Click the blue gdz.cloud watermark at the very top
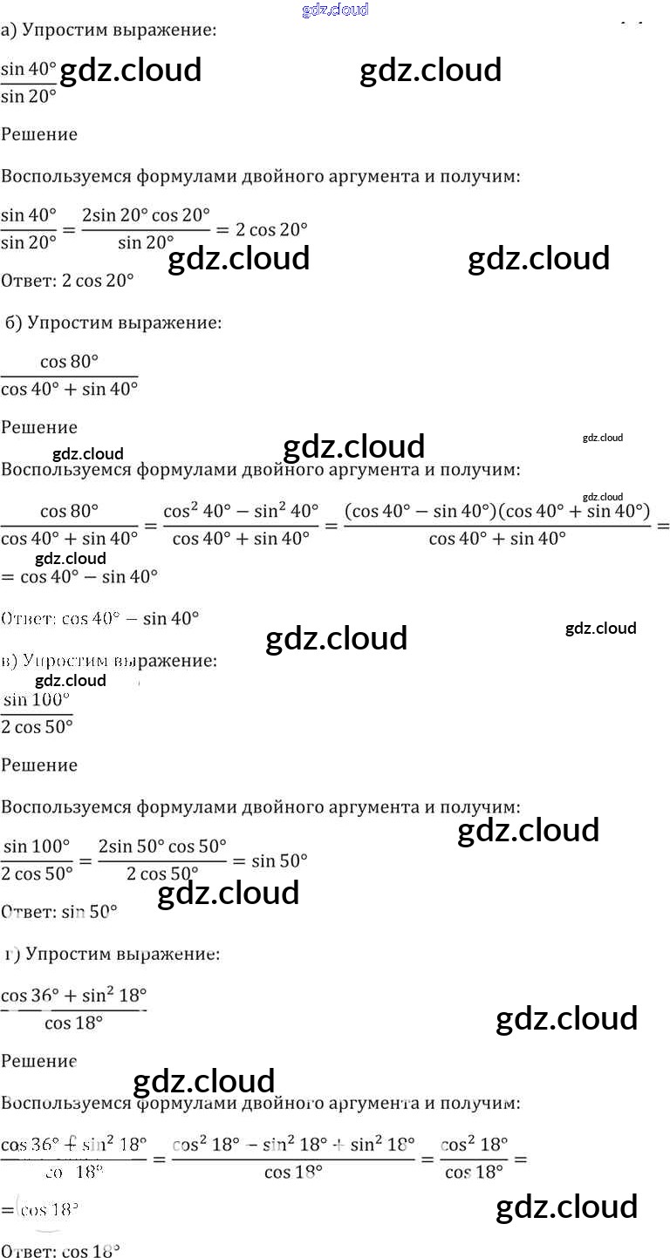coord(335,10)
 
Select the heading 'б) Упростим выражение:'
coord(113,323)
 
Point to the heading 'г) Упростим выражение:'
coord(111,953)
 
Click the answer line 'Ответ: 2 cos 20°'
coord(67,281)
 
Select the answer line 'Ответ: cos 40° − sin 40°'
coord(100,618)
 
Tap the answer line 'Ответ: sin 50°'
coord(59,912)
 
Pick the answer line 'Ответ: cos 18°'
coord(60,1250)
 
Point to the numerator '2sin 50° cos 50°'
coord(162,847)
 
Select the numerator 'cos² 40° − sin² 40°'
coord(241,510)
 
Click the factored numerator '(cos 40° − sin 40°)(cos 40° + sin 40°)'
coord(497,510)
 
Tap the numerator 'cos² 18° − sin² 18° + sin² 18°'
coord(293,1143)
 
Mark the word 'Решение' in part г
coord(39,1061)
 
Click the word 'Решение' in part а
coord(39,134)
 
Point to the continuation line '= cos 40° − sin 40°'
coord(79,575)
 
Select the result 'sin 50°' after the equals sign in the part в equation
coord(279,861)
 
